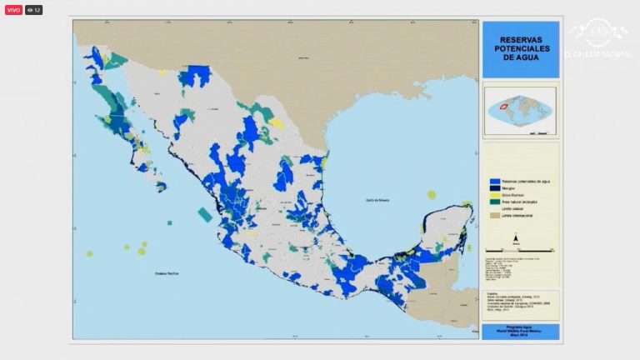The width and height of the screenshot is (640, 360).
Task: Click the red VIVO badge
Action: pyautogui.click(x=13, y=10)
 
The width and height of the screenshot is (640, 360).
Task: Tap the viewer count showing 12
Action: pyautogui.click(x=33, y=10)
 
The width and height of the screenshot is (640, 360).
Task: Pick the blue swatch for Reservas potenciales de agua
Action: pyautogui.click(x=494, y=181)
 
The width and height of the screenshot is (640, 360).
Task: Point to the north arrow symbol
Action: pyautogui.click(x=517, y=238)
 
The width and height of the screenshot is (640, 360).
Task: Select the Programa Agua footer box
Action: pyautogui.click(x=520, y=331)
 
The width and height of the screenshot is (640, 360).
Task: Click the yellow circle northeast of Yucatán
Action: pyautogui.click(x=431, y=194)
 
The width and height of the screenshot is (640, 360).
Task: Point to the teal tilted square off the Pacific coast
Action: pyautogui.click(x=205, y=213)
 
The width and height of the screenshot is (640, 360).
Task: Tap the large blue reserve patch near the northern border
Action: pyautogui.click(x=195, y=77)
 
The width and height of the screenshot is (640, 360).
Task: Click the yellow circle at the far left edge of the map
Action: pyautogui.click(x=89, y=253)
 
